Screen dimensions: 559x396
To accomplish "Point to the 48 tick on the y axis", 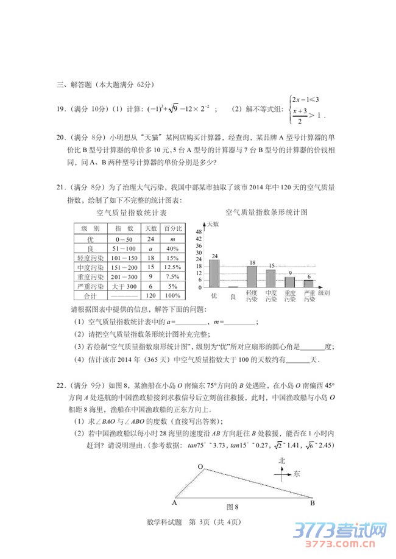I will pyautogui.click(x=199, y=232).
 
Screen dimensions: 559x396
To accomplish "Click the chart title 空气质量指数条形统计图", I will pyautogui.click(x=266, y=213).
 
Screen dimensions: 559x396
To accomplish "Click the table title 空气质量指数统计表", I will pyautogui.click(x=131, y=213).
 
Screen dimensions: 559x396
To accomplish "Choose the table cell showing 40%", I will pyautogui.click(x=172, y=248).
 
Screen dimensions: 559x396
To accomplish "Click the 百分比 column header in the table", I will pyautogui.click(x=172, y=228).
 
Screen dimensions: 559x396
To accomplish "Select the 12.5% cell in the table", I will pyautogui.click(x=172, y=267).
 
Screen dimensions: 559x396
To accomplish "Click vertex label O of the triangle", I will pyautogui.click(x=199, y=466).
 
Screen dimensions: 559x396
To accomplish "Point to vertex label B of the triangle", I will pyautogui.click(x=312, y=503).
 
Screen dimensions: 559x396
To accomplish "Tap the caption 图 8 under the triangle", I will pyautogui.click(x=232, y=507).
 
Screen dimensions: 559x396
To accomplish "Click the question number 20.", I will pyautogui.click(x=60, y=137).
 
